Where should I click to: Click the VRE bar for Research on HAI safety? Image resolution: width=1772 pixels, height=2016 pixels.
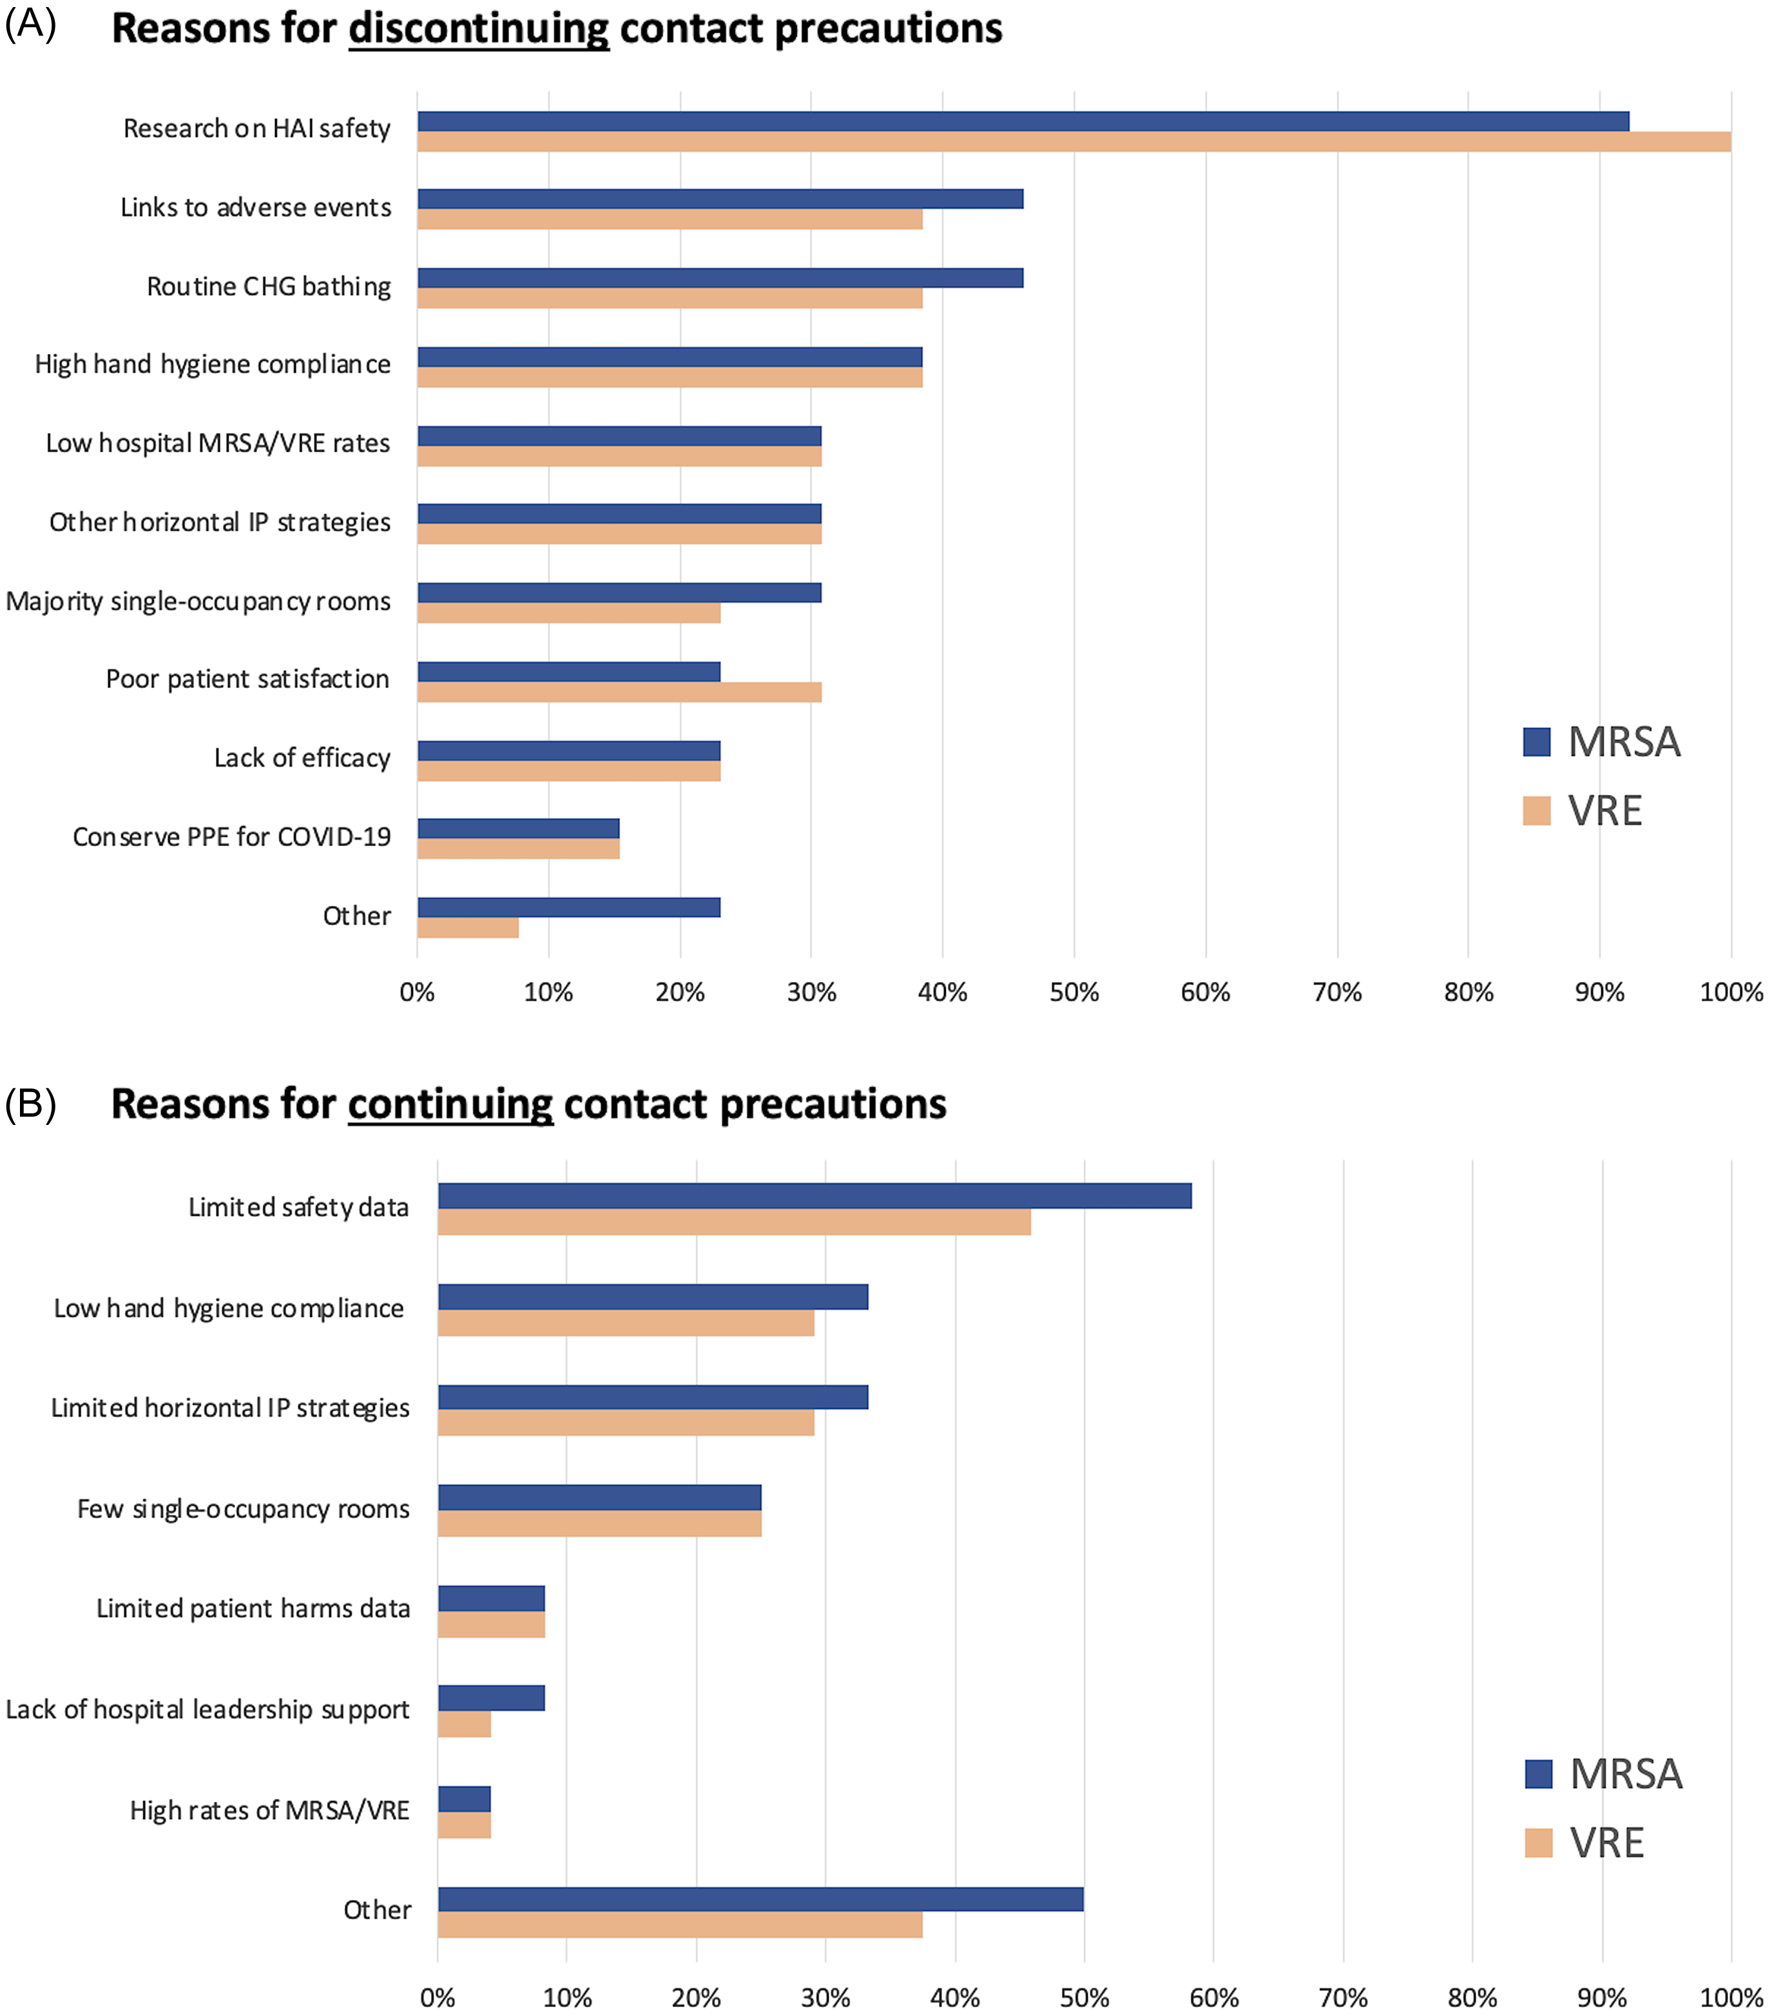click(x=1074, y=142)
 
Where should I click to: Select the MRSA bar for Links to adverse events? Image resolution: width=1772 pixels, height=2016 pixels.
click(x=720, y=199)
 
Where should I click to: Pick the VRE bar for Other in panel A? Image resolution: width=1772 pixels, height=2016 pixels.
click(x=468, y=927)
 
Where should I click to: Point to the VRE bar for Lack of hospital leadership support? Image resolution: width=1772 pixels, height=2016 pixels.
click(x=465, y=1724)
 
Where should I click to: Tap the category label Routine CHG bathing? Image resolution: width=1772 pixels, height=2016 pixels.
click(x=268, y=287)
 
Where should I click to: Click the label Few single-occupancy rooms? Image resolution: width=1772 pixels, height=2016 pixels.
click(x=243, y=1509)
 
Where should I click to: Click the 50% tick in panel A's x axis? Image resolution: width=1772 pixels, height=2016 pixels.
click(x=1074, y=992)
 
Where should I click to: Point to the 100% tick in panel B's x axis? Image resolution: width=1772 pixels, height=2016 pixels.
click(x=1731, y=1998)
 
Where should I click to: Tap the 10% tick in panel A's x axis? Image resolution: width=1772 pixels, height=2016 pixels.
click(x=548, y=992)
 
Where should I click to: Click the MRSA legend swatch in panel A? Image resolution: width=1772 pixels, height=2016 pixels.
click(x=1536, y=742)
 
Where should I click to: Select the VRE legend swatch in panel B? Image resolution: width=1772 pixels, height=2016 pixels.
click(x=1538, y=1843)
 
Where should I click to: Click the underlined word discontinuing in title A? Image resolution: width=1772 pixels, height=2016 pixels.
click(x=479, y=28)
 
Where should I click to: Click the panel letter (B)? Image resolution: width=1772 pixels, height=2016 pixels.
click(x=30, y=1102)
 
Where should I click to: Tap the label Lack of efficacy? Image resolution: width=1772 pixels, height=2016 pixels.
click(x=302, y=758)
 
